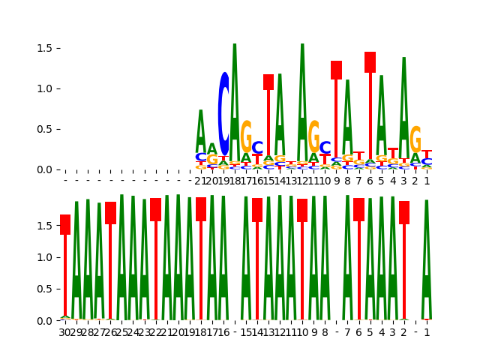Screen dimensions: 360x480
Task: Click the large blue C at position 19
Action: [x=223, y=114]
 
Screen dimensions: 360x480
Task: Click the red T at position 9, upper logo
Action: [x=336, y=70]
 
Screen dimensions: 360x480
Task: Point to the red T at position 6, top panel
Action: [x=370, y=62]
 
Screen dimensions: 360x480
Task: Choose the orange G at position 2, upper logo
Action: [x=415, y=140]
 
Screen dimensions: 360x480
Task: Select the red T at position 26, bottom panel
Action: [x=110, y=213]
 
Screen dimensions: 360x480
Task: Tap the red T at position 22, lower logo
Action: [x=155, y=210]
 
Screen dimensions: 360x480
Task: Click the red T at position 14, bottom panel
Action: [x=257, y=210]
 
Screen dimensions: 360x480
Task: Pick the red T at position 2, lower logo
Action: [x=404, y=213]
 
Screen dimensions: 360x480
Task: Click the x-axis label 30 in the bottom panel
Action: [x=65, y=332]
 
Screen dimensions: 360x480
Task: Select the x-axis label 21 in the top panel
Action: [x=200, y=181]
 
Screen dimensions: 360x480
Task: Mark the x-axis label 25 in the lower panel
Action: [x=121, y=332]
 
